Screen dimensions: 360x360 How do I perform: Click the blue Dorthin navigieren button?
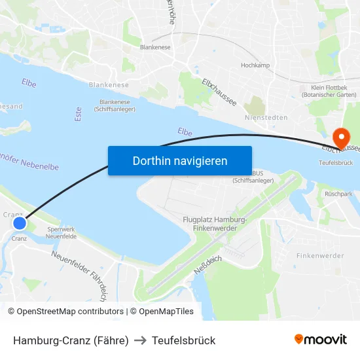click(180, 160)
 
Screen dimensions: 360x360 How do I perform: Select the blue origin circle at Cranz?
click(20, 223)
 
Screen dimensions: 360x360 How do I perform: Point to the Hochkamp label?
click(255, 65)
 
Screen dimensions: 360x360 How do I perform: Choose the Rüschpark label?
click(338, 194)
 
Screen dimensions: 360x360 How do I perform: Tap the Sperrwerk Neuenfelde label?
click(62, 233)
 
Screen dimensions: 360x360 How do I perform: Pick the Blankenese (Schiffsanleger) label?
click(115, 105)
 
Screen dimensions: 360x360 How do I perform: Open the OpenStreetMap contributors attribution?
click(65, 312)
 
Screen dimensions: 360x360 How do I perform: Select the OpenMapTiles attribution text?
click(162, 312)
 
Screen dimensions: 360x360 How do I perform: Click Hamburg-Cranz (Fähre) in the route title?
click(71, 340)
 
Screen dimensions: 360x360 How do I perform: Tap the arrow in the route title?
click(140, 340)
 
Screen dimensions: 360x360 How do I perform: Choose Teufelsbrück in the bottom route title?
click(183, 340)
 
